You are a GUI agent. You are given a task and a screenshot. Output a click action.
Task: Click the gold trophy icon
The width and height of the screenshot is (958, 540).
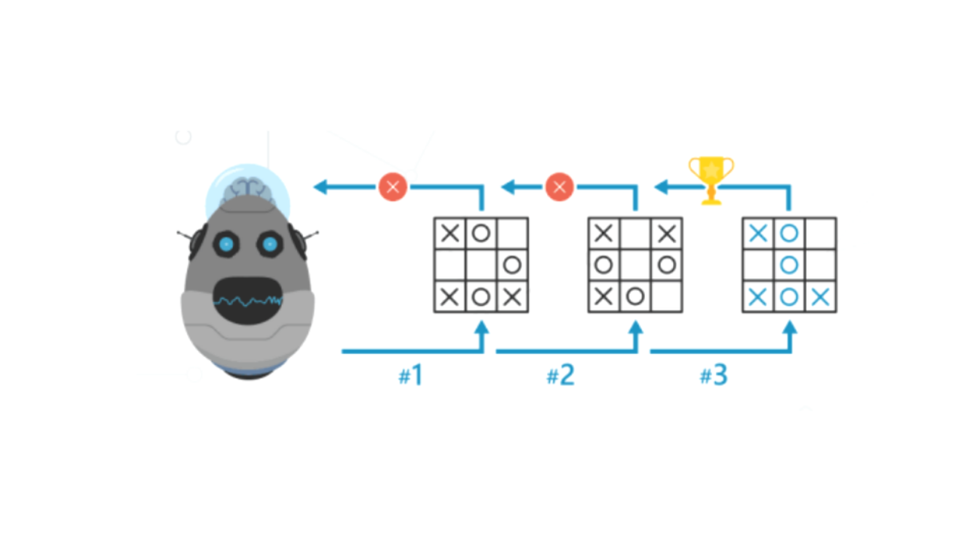(711, 181)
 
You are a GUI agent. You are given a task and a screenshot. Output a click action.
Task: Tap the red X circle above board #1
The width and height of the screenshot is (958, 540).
(393, 187)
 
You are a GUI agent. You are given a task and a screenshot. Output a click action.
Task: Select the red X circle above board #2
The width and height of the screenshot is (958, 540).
(560, 187)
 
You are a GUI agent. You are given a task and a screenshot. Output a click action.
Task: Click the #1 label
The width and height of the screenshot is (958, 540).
(410, 375)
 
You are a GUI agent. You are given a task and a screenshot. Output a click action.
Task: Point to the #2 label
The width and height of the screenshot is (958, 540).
(560, 375)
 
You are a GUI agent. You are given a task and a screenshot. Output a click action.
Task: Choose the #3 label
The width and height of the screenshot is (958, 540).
(714, 375)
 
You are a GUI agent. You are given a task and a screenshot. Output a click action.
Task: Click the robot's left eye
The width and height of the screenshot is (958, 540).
(226, 244)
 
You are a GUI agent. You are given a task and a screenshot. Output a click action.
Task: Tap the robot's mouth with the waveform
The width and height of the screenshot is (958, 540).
(247, 300)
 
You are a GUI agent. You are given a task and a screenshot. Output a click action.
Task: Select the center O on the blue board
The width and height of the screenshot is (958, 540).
(789, 265)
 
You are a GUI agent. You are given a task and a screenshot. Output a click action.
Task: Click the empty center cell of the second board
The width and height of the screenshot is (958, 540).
(635, 265)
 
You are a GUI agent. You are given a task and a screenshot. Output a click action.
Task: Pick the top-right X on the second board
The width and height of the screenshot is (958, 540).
(667, 233)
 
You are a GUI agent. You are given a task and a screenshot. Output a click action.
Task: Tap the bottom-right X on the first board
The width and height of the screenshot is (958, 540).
(513, 296)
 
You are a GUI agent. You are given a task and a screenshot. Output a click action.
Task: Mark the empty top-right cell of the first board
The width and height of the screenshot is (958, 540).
(513, 233)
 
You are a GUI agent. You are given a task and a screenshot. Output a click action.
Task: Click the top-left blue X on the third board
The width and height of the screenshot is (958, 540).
(758, 233)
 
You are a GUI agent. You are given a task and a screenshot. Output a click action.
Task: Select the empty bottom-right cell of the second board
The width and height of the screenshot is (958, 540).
(667, 296)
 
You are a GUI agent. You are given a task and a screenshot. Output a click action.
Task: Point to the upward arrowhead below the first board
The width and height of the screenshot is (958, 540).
(481, 328)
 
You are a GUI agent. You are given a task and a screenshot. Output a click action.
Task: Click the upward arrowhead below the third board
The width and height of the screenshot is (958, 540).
(790, 328)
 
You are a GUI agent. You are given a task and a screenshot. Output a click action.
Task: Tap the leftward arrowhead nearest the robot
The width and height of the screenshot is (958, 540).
(321, 187)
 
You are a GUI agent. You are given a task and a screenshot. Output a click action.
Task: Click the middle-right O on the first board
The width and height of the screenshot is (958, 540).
(513, 265)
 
